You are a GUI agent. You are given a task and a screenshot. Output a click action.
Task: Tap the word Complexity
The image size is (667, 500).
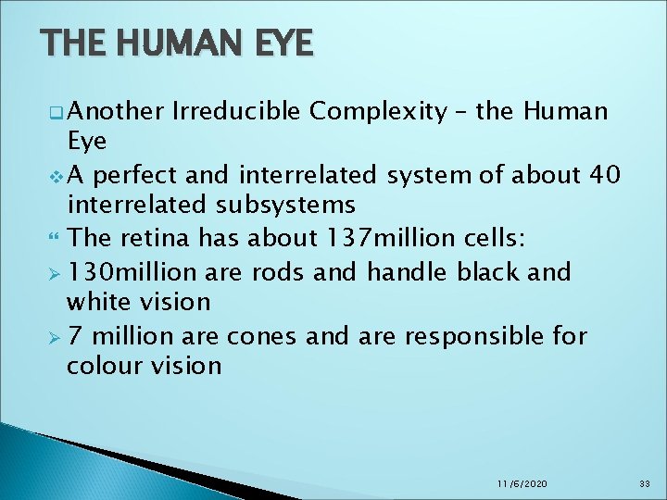378,113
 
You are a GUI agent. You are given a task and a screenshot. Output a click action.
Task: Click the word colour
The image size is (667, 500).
104,366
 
